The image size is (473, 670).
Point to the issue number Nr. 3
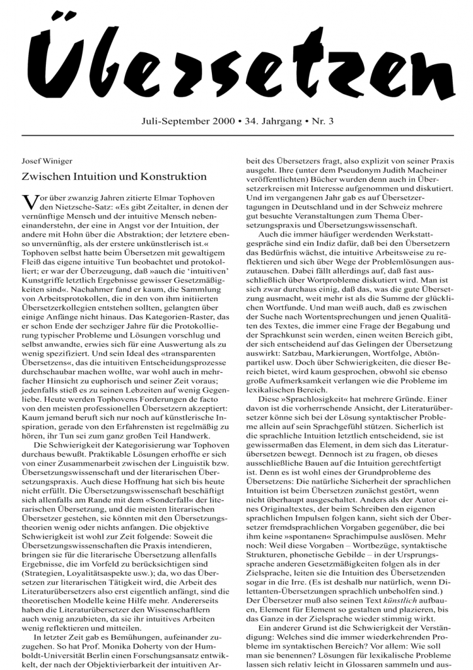[x=320, y=121]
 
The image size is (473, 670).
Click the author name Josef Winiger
[x=48, y=159]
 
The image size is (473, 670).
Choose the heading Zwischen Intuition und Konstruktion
[x=114, y=176]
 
